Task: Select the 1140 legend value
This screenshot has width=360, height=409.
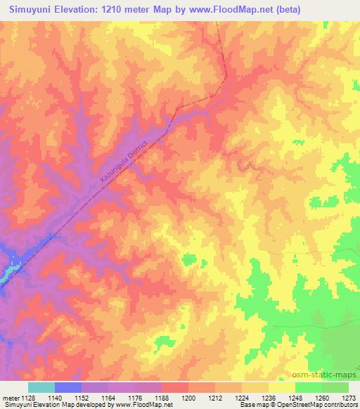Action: point(55,398)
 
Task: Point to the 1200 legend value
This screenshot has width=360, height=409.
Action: point(188,398)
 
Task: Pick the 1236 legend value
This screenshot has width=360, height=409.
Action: point(269,398)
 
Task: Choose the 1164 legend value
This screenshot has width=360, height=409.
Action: point(108,398)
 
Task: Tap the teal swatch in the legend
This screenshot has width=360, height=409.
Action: point(41,387)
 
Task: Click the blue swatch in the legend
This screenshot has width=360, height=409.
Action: point(68,387)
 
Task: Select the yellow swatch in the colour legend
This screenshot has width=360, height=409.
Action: point(281,387)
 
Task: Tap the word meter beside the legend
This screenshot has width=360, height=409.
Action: point(9,398)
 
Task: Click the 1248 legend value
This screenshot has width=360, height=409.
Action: point(295,398)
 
